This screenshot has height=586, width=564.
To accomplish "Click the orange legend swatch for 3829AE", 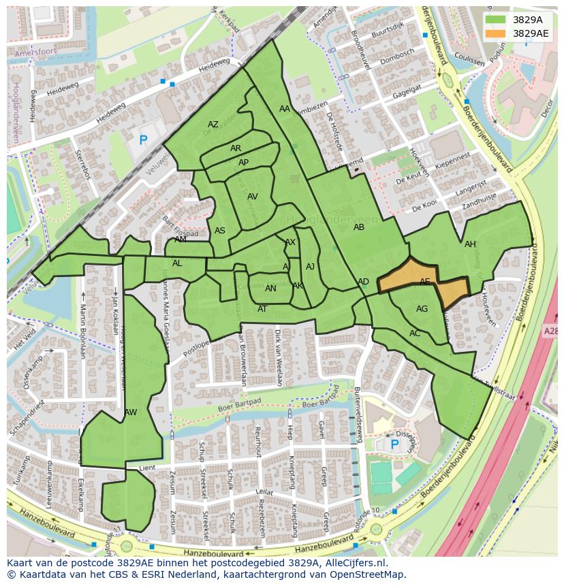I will [495, 33].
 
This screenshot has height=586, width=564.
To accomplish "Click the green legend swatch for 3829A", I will [495, 20].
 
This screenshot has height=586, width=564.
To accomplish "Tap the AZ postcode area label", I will [213, 125].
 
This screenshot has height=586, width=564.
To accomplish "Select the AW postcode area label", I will [131, 412].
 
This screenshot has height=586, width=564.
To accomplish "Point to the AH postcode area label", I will [470, 244].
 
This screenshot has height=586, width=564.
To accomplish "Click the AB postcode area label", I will [359, 227].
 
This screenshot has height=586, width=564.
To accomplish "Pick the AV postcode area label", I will [253, 197].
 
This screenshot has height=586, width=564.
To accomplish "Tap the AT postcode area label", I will [262, 309].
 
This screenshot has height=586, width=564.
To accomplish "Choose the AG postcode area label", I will [422, 309].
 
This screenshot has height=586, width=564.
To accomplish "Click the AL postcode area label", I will [177, 263].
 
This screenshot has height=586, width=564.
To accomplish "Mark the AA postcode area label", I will [285, 109].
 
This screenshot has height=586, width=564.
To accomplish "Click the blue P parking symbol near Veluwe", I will [143, 141].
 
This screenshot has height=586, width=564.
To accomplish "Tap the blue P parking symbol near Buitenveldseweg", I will [394, 444].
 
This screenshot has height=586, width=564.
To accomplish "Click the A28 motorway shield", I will [551, 331].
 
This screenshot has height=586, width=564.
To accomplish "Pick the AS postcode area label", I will [219, 231].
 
